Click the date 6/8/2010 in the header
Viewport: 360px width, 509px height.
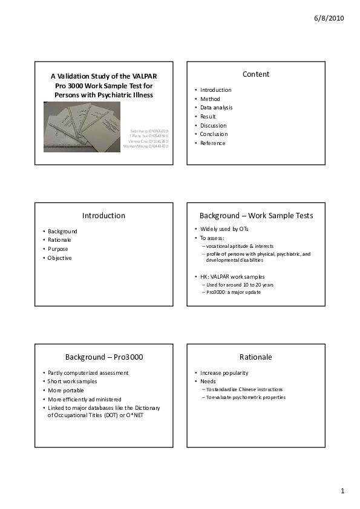click(x=329, y=19)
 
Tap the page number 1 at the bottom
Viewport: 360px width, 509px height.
click(x=342, y=491)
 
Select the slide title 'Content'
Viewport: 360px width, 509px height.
click(x=256, y=74)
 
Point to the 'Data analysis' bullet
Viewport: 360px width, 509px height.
click(x=216, y=108)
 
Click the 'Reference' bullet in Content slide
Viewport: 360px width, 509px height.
click(x=213, y=143)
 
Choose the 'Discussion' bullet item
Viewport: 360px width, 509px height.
click(x=214, y=126)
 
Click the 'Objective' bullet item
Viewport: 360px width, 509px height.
click(x=60, y=258)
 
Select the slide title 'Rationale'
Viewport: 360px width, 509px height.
click(x=256, y=357)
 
